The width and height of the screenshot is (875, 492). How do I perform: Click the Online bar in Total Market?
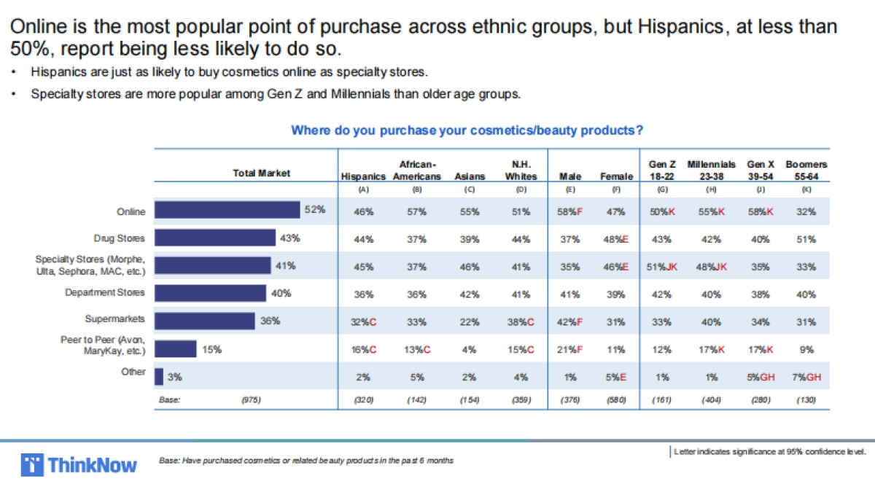click(x=227, y=211)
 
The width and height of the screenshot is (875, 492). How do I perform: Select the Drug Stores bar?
click(x=215, y=238)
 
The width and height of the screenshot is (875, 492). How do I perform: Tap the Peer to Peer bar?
click(x=175, y=349)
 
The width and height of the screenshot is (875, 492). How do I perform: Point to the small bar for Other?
click(x=159, y=376)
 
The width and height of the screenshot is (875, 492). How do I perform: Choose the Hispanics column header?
click(x=363, y=176)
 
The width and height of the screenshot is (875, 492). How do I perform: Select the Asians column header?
click(x=470, y=176)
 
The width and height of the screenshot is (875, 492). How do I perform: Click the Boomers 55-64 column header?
click(x=806, y=171)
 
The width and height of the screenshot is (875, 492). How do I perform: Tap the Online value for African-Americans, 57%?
click(x=416, y=211)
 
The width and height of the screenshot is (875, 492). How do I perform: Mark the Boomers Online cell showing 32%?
click(x=806, y=211)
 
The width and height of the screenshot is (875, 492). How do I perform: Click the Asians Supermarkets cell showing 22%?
click(x=470, y=319)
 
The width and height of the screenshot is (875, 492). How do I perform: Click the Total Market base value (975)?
click(x=250, y=400)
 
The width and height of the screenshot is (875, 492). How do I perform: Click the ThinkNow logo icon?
click(x=32, y=464)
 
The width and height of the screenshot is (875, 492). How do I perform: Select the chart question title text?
click(x=467, y=130)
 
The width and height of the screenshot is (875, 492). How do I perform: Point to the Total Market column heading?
click(x=261, y=173)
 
